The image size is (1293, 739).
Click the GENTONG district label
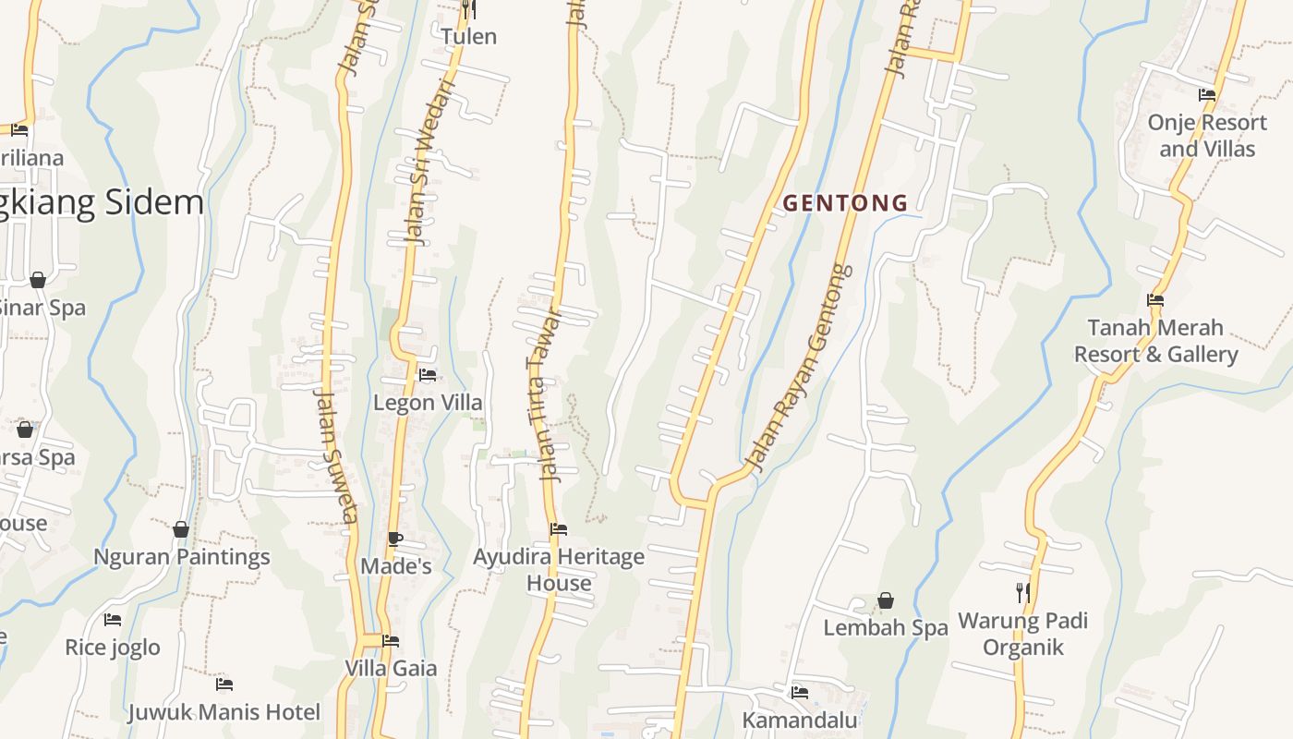coord(845,203)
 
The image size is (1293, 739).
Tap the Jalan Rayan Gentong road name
coord(800,369)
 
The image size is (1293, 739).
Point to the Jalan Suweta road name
coord(335,455)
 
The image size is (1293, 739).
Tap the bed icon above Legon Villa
coord(428,375)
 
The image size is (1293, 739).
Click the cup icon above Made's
coord(395,539)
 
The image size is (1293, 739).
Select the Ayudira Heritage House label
coord(559,570)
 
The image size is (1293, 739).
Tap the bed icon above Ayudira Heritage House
coord(559,529)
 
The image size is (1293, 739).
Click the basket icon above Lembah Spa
coord(886,601)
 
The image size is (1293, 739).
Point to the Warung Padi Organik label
coord(1022,634)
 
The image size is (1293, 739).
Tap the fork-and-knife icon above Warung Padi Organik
coord(1022,592)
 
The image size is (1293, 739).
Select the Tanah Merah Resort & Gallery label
coord(1155,341)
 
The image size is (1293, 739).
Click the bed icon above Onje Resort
coord(1207,95)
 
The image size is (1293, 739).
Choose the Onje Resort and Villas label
coord(1207,136)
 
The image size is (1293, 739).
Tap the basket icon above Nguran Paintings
coord(181,529)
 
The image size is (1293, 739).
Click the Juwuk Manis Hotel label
coord(224,712)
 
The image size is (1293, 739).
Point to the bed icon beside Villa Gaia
coord(391,641)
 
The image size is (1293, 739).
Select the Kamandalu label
coord(800,720)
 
